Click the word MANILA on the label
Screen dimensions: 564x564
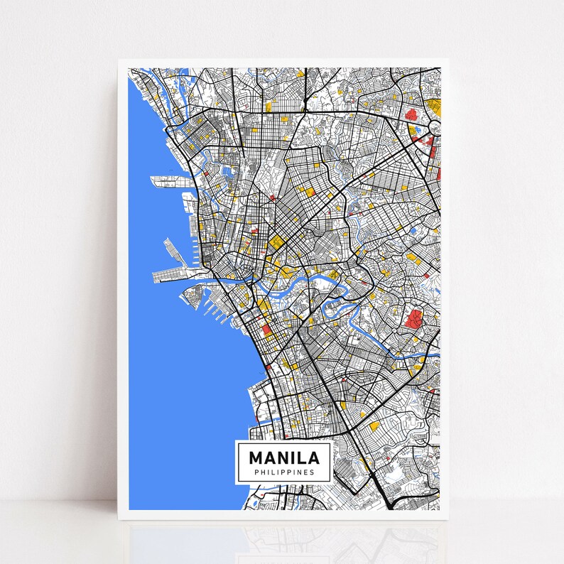283,456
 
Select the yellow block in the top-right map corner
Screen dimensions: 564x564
434,107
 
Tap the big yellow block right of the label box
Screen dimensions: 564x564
374,425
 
